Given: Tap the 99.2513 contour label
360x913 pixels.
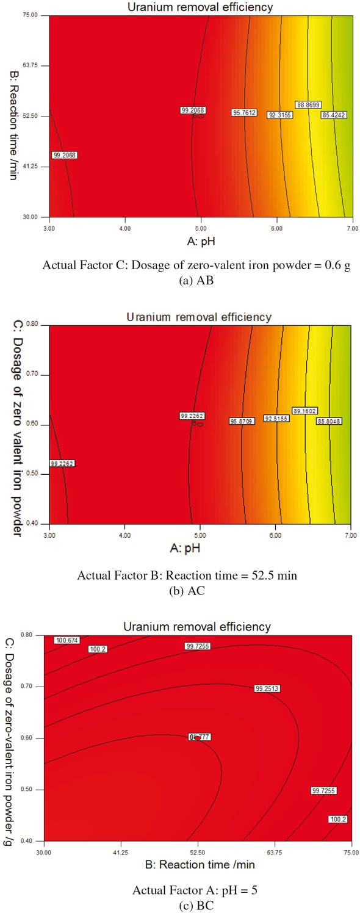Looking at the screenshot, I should (x=267, y=688).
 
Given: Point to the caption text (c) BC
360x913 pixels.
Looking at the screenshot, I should (x=181, y=906).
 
